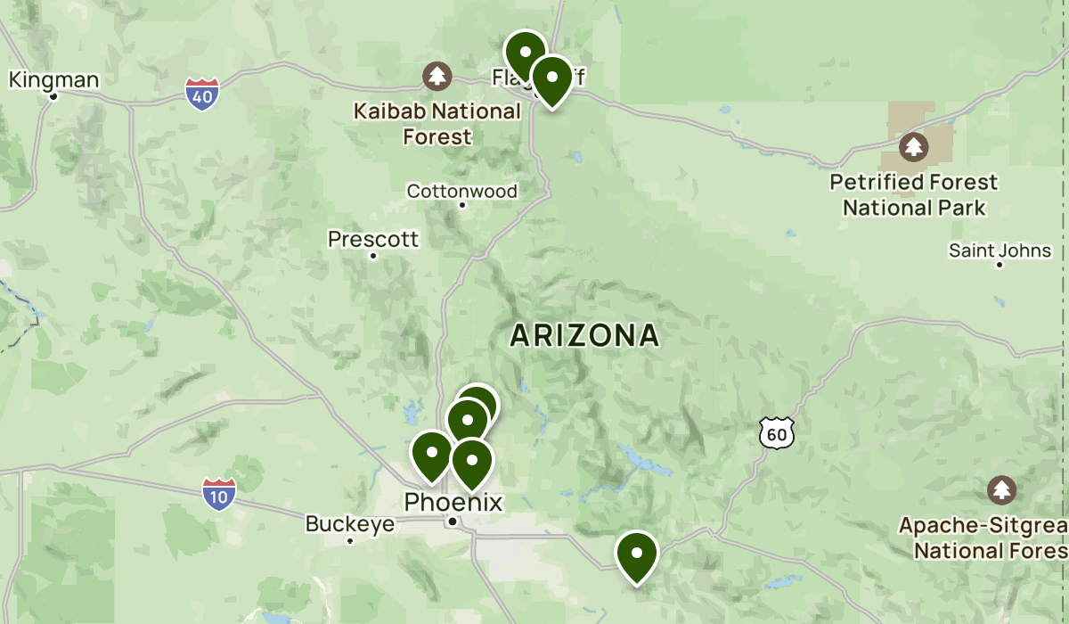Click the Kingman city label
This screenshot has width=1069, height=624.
coord(53,80)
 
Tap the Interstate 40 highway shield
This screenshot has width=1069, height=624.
coord(203,94)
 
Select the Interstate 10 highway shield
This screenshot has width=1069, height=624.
coord(218,494)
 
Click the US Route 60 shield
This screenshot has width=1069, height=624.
coord(776,432)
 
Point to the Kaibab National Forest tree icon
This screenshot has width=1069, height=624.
coord(437,77)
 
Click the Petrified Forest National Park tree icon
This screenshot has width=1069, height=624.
coord(913,146)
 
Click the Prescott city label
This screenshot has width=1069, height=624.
coord(373,239)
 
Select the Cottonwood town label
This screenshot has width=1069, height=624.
coord(461,191)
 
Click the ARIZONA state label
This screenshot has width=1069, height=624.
coord(584,335)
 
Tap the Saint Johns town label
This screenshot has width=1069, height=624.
coord(1000,250)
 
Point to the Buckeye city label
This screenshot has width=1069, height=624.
coord(350,523)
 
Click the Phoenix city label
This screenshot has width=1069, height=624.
coord(453,502)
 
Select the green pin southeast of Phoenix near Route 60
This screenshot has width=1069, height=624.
coord(637,553)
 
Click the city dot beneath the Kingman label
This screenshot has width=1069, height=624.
coord(53,96)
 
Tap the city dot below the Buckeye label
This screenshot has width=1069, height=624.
coord(350,540)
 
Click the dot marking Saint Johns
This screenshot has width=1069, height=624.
coord(1000,265)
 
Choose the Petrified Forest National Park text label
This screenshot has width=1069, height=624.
coord(914,194)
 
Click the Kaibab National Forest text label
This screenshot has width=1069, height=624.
coord(437,124)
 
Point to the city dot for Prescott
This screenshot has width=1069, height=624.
coord(373,256)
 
